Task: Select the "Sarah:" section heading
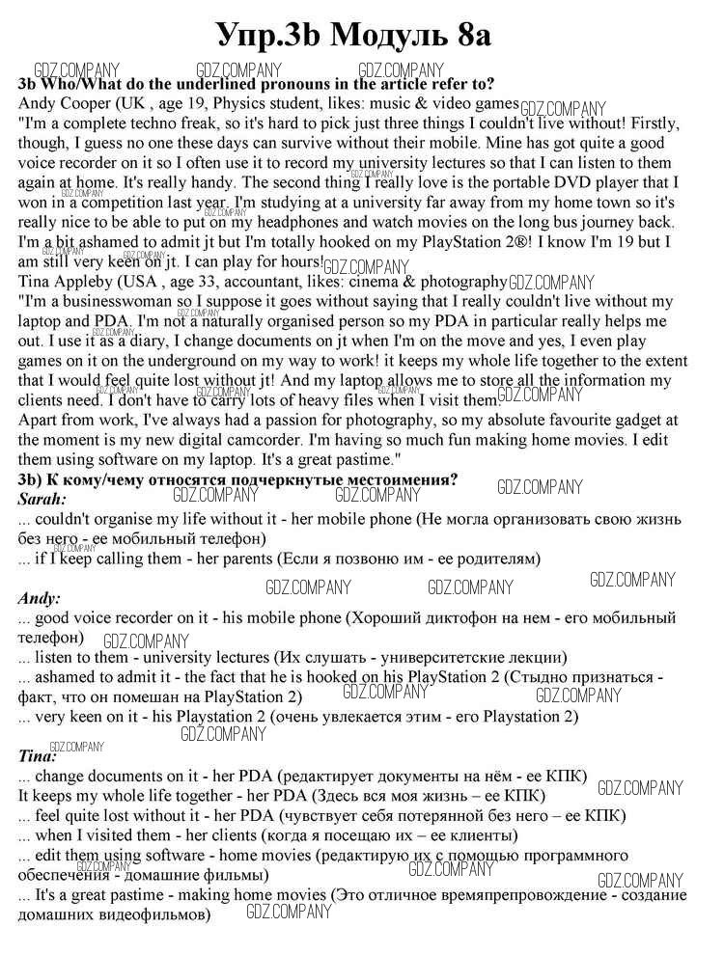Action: (42, 499)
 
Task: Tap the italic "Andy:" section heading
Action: (40, 598)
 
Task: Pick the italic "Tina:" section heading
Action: (39, 755)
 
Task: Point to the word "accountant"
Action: (268, 282)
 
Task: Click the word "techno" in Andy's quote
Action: (152, 123)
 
